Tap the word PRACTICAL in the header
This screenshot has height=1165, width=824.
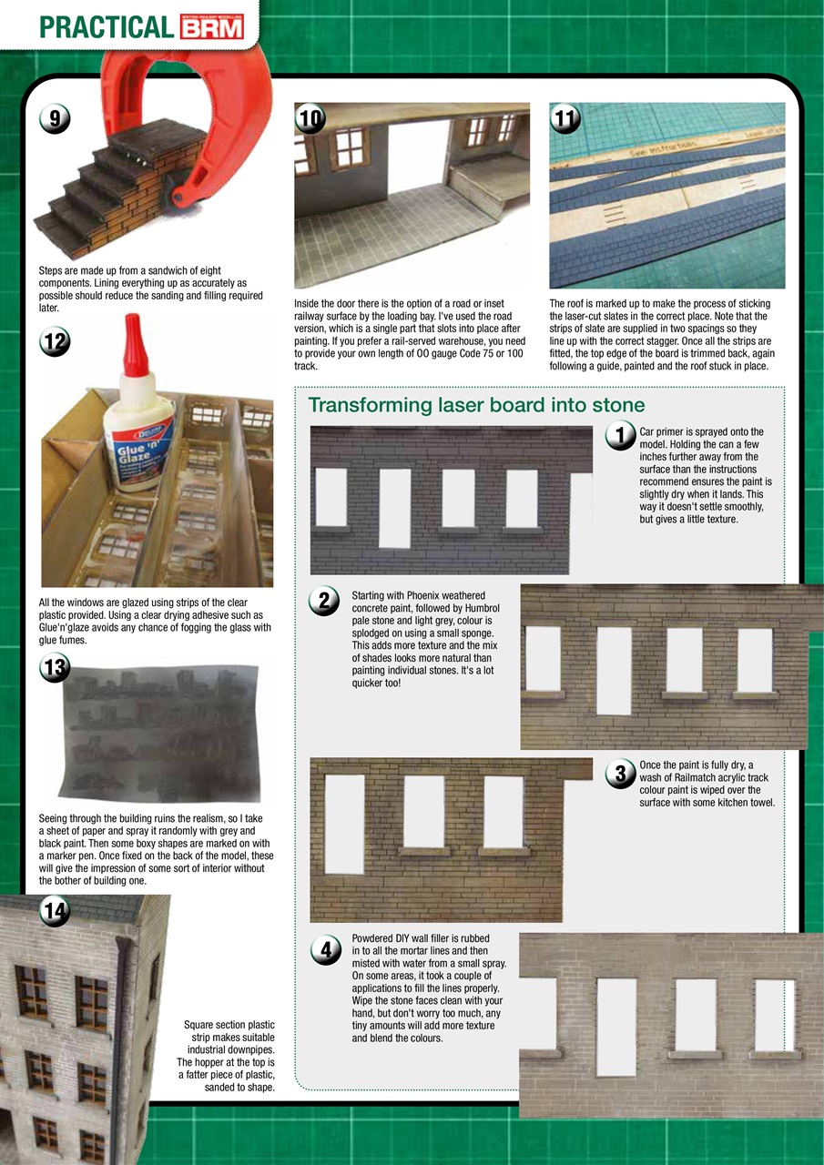pyautogui.click(x=106, y=27)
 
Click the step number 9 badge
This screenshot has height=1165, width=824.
pyautogui.click(x=54, y=118)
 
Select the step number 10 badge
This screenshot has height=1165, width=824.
pyautogui.click(x=310, y=118)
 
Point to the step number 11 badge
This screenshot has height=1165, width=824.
pyautogui.click(x=565, y=118)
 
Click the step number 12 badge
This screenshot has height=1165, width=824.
pyautogui.click(x=54, y=341)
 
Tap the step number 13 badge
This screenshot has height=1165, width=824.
pyautogui.click(x=54, y=668)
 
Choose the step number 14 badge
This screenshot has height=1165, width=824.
pyautogui.click(x=54, y=912)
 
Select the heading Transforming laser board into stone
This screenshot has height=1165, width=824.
pyautogui.click(x=476, y=405)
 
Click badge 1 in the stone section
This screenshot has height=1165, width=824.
pyautogui.click(x=620, y=437)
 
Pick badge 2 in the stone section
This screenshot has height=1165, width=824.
pyautogui.click(x=325, y=602)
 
